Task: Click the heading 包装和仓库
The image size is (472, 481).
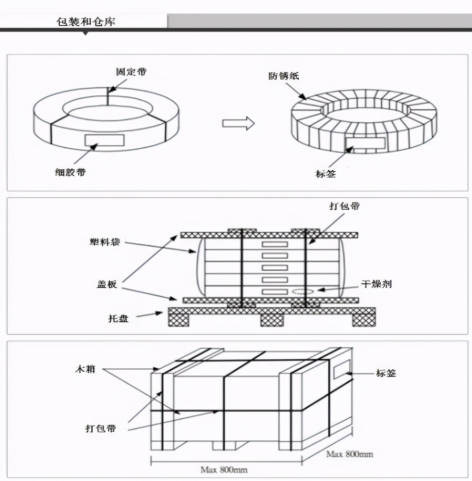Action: point(86,21)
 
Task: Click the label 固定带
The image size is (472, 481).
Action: point(131,72)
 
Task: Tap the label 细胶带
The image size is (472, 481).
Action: point(70,172)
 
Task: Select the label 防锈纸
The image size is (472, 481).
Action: point(283,76)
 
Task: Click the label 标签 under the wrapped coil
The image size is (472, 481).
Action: point(325,174)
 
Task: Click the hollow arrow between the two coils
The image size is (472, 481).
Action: point(238,123)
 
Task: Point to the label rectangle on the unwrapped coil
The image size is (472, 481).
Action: point(104,140)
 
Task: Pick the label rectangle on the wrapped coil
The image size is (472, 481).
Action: point(366,143)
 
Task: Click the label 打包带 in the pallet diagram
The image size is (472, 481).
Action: point(344,206)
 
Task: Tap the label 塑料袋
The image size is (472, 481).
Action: point(105,242)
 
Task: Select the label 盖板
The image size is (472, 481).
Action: point(107,284)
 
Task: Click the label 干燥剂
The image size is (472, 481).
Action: point(376,284)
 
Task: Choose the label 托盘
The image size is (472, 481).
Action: point(118,318)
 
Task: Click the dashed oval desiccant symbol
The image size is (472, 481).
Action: point(302,291)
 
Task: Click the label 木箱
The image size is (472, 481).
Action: point(85,369)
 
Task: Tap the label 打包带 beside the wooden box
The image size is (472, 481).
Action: point(100,428)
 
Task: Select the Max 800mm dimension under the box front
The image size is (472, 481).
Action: point(224,470)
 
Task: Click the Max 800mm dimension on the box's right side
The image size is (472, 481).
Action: point(349,454)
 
